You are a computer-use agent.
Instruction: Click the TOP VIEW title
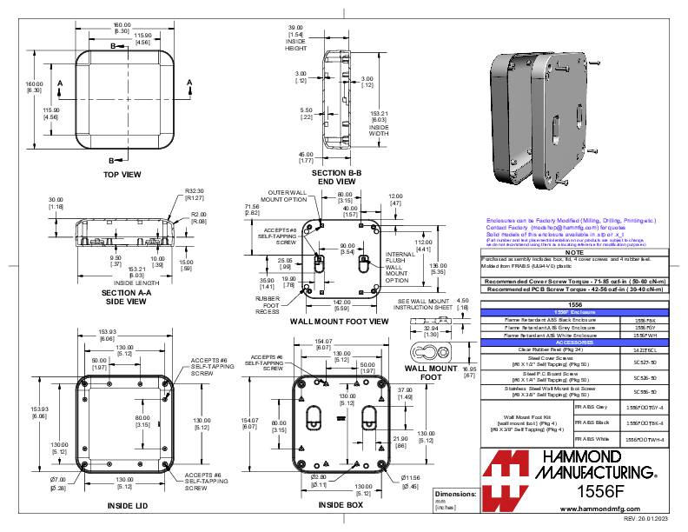(122, 175)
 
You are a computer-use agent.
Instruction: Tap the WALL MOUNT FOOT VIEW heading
(339, 321)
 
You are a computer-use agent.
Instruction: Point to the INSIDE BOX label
(340, 504)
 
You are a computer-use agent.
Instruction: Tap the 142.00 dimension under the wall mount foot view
(341, 301)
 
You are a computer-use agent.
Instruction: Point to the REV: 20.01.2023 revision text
(651, 518)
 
